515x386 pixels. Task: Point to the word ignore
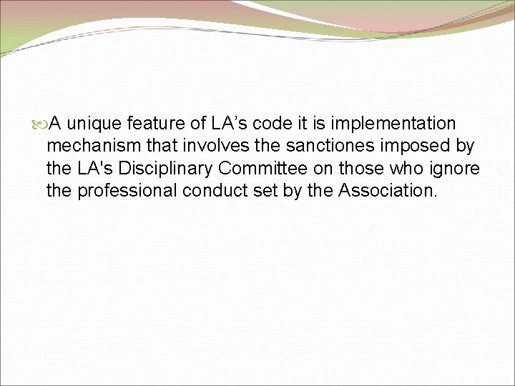[456, 170]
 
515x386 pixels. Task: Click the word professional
[126, 192]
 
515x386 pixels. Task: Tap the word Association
[387, 191]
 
